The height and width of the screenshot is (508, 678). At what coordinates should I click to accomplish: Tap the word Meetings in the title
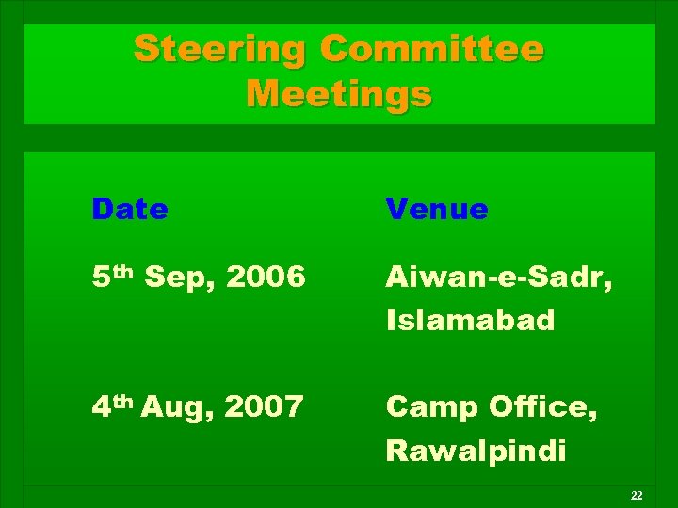[339, 94]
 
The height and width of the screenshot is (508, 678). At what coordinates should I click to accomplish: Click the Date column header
[130, 209]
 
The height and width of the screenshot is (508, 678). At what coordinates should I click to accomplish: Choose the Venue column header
[437, 209]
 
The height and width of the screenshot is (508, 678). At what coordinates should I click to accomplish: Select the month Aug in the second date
[179, 407]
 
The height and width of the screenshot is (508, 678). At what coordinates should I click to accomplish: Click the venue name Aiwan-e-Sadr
[495, 278]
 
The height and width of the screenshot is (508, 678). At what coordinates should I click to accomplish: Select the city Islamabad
[471, 321]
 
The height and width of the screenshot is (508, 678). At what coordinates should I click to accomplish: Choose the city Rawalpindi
[476, 451]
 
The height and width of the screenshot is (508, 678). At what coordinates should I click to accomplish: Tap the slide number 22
[637, 495]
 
